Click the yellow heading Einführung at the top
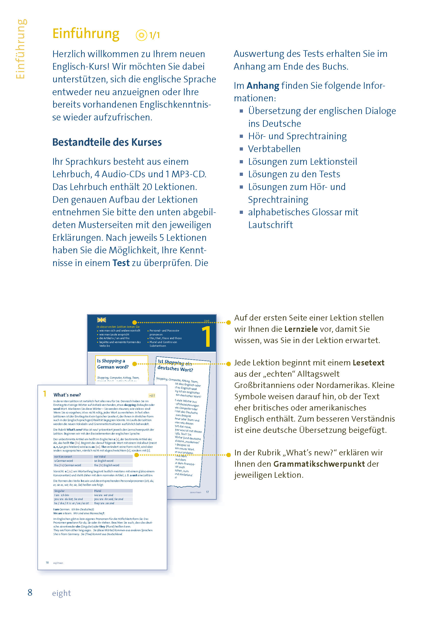pos(86,34)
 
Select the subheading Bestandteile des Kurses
pos(107,142)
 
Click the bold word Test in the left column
pos(121,263)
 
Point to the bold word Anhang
pos(263,86)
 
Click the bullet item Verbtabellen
pos(274,149)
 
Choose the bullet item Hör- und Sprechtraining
pos(297,136)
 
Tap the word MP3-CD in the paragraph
pos(189,174)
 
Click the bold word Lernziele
pos(301,329)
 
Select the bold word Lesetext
pos(368,363)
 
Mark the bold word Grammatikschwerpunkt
pos(319,464)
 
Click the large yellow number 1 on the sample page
pos(206,336)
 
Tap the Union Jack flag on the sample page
pos(101,320)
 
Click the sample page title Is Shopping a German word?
pos(113,364)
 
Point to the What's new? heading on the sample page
pos(67,395)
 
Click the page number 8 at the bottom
pos(30,592)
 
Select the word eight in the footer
pos(61,593)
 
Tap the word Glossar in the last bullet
pos(326,212)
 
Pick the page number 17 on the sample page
pos(207,492)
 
